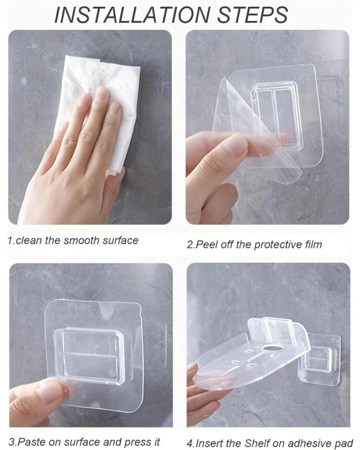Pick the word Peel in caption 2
pyautogui.click(x=207, y=244)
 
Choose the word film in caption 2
pyautogui.click(x=313, y=244)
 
